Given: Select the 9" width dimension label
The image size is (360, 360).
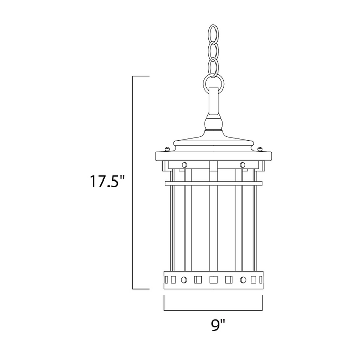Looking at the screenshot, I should pyautogui.click(x=218, y=325).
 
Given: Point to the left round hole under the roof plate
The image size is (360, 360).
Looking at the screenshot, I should pyautogui.click(x=184, y=164).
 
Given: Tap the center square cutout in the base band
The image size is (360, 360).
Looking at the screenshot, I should pyautogui.click(x=212, y=280).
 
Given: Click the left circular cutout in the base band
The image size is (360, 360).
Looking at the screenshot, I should pyautogui.click(x=183, y=280).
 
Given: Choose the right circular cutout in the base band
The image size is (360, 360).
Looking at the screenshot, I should pyautogui.click(x=242, y=280).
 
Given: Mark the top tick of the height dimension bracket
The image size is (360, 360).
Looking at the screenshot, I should pyautogui.click(x=140, y=76).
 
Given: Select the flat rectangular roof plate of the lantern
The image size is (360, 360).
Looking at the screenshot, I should pyautogui.click(x=212, y=155).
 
